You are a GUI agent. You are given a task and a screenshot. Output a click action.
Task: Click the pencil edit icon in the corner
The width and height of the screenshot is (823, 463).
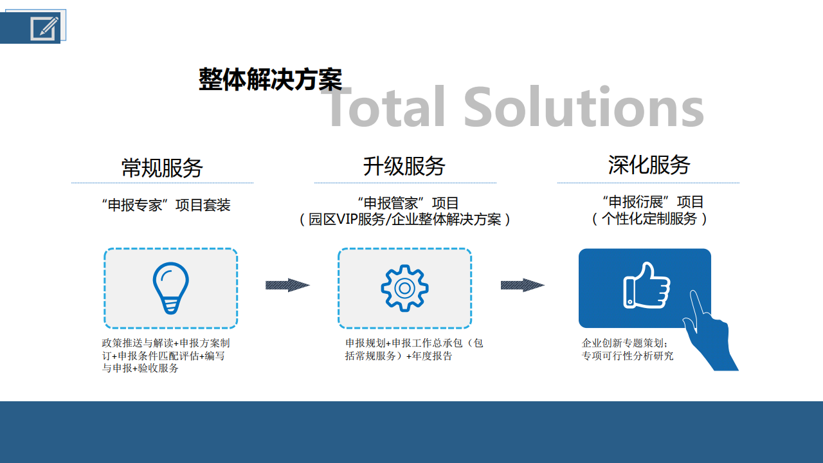point(45,28)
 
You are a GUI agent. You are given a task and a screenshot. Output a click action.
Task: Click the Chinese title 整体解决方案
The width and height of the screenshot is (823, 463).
point(271,79)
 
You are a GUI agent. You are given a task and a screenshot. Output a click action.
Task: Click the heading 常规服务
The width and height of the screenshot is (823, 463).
point(162,168)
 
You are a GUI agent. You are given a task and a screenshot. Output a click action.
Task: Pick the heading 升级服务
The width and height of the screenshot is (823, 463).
point(404,166)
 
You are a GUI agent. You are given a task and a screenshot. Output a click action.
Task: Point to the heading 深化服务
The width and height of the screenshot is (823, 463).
point(649,165)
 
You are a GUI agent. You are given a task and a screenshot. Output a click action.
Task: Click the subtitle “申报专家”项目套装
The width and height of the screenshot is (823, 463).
point(166,205)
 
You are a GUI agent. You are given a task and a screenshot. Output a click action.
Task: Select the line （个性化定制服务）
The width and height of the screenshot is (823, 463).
point(649,219)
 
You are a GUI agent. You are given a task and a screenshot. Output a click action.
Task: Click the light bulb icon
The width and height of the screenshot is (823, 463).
point(171,288)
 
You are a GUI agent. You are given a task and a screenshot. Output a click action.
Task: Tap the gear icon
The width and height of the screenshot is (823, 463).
point(404,288)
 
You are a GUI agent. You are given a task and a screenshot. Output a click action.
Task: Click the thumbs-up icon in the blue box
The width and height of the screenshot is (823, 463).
point(647,285)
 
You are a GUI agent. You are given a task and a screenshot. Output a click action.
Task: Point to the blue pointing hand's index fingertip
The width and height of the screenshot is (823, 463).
point(693,293)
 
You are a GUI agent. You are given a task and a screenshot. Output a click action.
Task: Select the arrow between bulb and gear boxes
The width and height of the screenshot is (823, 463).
point(287,285)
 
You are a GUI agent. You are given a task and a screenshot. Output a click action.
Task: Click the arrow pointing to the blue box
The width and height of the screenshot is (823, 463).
point(523,285)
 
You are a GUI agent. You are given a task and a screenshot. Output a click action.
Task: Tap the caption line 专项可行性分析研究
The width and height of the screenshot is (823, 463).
point(628,356)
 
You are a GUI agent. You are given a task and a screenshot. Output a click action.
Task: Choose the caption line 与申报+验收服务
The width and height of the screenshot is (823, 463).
point(140,368)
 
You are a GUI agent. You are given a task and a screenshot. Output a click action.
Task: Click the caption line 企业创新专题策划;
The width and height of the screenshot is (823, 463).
point(624,343)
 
